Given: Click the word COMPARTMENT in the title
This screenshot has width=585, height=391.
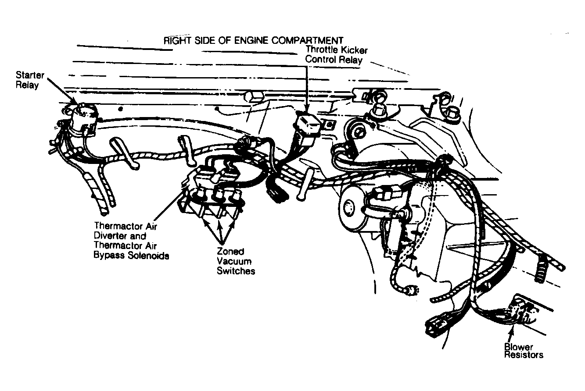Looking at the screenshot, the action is click(x=307, y=40).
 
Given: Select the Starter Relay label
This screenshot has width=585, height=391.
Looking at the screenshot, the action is click(x=30, y=80).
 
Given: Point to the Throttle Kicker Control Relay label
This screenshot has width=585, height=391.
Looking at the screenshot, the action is click(x=336, y=54).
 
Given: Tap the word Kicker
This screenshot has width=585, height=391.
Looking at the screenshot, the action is click(x=353, y=50).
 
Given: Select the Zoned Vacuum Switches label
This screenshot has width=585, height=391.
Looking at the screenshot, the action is click(x=236, y=261).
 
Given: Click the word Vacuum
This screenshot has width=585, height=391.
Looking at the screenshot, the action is click(x=234, y=261).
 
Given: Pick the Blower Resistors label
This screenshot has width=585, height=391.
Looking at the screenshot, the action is click(x=524, y=351).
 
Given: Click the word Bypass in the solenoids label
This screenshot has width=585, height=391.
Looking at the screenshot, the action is click(x=109, y=255).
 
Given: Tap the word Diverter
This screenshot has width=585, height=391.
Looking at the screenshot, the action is click(x=111, y=236).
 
